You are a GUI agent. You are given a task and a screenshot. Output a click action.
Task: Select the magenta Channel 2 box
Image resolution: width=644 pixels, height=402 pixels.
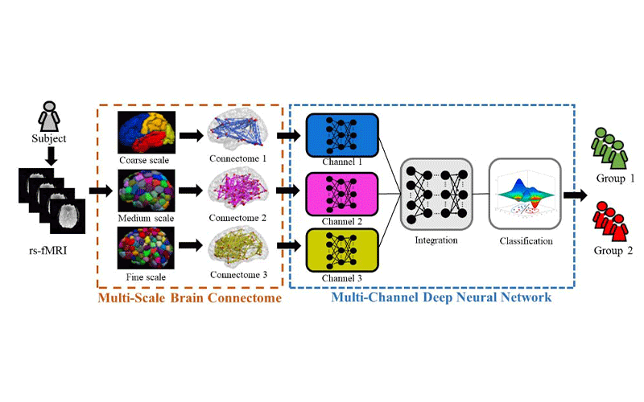tap(342, 192)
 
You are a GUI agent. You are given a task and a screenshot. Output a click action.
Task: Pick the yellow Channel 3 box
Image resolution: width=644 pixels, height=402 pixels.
tap(342, 249)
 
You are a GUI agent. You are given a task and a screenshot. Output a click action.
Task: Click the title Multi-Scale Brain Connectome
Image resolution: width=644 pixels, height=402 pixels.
tap(189, 299)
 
